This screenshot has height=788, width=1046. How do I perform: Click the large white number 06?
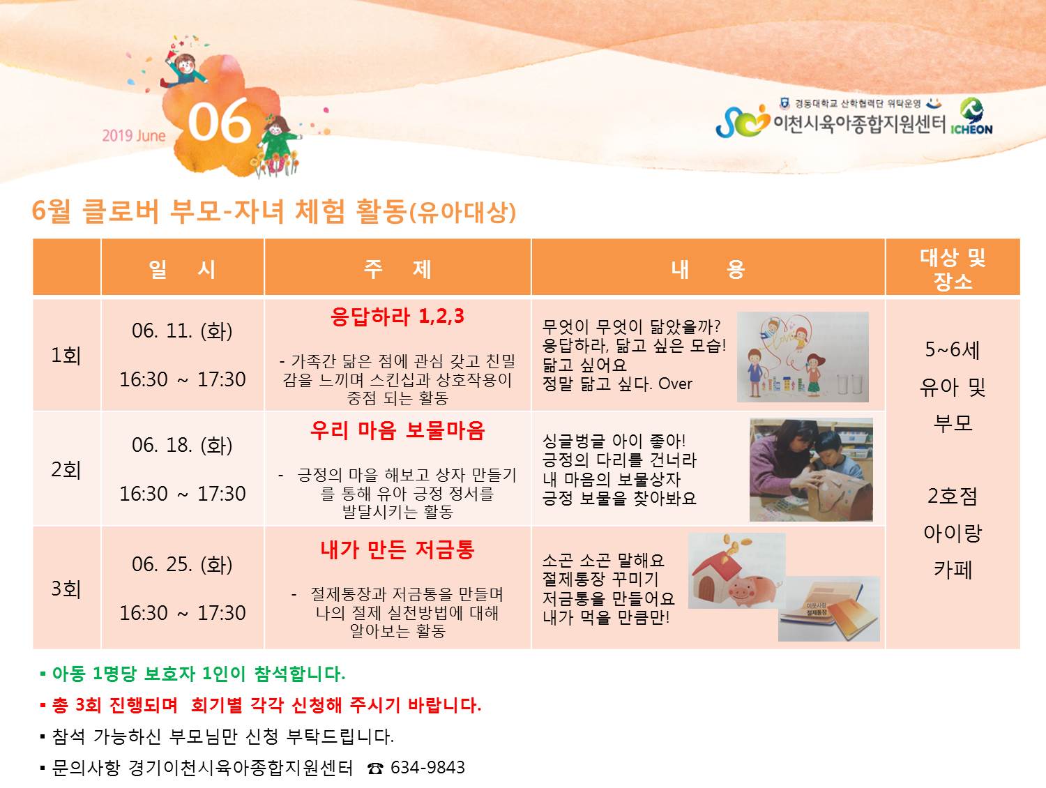click(219, 122)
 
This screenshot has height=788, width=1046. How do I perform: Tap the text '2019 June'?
click(134, 136)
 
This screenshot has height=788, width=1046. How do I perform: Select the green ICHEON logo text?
click(971, 130)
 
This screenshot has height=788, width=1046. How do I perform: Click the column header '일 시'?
click(183, 268)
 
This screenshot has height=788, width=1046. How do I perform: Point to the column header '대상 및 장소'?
click(953, 269)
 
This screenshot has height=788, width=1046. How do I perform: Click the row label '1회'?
click(66, 356)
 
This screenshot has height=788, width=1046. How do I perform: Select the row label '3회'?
click(66, 589)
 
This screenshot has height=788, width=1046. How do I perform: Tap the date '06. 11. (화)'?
click(182, 331)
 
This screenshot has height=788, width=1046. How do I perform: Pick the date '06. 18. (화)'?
click(182, 445)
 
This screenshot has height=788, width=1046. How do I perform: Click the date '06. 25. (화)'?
click(182, 564)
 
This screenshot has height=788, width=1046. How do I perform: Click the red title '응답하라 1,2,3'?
click(397, 317)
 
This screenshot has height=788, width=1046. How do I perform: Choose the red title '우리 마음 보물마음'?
click(397, 430)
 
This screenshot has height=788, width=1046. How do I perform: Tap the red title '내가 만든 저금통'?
click(397, 550)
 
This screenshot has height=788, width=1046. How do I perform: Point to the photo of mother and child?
click(811, 470)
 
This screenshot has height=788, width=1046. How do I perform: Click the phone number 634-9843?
click(427, 768)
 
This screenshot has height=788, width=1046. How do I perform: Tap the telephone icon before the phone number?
click(375, 768)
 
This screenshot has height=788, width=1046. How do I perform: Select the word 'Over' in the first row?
click(675, 384)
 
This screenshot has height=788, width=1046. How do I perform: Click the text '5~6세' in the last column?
click(952, 349)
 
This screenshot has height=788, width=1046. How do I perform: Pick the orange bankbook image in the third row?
click(829, 609)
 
